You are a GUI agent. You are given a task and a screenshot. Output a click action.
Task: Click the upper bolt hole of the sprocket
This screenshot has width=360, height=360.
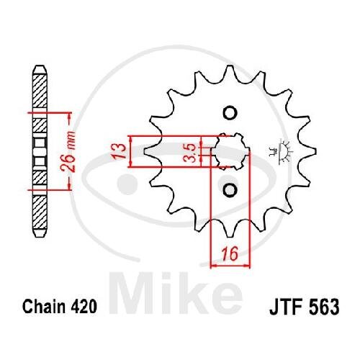(x=230, y=113)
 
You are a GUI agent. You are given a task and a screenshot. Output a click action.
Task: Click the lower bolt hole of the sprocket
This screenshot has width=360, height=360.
(x=230, y=190)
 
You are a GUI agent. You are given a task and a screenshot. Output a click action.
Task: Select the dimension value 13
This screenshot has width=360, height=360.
(x=120, y=151)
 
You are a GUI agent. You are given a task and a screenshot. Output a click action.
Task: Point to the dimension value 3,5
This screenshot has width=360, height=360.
(x=192, y=153)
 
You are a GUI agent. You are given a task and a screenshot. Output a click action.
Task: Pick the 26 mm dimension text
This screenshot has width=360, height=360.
(x=68, y=152)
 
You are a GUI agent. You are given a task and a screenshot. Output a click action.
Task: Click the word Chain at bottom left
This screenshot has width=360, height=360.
(x=44, y=307)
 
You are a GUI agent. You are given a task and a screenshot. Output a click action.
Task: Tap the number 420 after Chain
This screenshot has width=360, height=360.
(x=84, y=307)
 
